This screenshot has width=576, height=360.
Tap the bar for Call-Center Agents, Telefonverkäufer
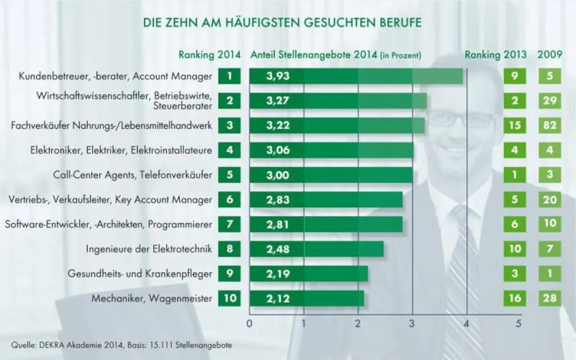click(331, 175)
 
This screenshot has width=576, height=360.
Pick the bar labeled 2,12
click(307, 299)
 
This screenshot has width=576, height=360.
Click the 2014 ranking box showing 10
click(230, 299)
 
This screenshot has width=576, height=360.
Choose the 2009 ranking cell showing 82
click(550, 126)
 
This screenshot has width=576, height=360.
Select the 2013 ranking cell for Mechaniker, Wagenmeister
click(515, 299)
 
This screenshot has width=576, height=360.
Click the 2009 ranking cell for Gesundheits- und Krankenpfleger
click(550, 274)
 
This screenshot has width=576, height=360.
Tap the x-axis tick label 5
click(518, 324)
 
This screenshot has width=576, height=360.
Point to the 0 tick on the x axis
click(249, 324)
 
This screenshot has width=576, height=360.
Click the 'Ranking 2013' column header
click(495, 54)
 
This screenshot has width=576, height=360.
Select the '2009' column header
click(550, 54)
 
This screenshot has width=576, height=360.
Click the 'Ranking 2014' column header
click(210, 54)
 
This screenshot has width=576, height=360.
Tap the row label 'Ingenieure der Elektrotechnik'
click(149, 249)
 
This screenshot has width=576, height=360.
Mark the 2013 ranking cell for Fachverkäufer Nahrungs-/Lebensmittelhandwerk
click(515, 126)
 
